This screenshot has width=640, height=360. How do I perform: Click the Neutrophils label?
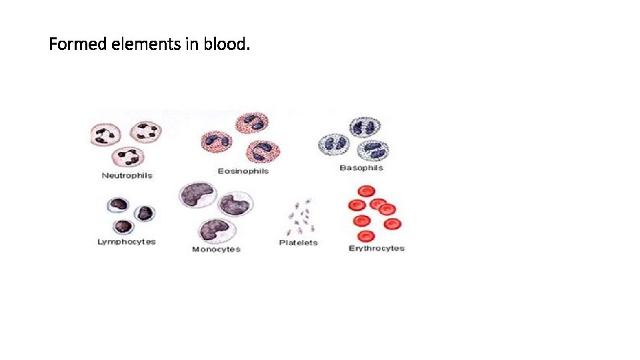127,175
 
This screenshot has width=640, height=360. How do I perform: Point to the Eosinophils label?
243,171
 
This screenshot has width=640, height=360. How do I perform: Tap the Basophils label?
361,168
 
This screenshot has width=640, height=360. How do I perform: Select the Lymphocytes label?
127,241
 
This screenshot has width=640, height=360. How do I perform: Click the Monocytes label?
216,249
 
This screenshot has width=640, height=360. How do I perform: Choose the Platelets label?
298,243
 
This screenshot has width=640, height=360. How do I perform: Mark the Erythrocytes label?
376,248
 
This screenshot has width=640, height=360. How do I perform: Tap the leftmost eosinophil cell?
216,141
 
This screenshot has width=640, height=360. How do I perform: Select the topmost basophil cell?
363,127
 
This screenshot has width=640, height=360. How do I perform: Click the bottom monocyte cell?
215,229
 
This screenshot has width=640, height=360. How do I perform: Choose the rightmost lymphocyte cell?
145,213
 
